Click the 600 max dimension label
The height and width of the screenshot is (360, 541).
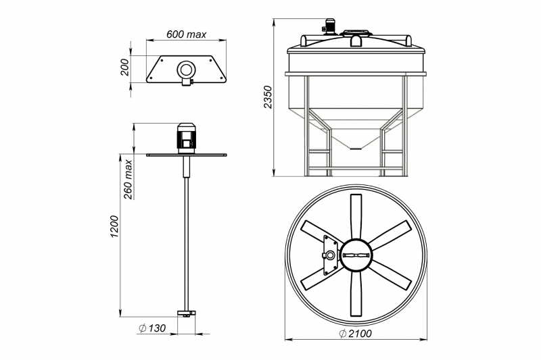[187, 34]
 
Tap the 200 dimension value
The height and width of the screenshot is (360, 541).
[125, 67]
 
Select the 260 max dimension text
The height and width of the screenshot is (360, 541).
[128, 179]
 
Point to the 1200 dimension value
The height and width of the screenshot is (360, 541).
[114, 226]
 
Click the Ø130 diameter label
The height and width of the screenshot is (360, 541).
[152, 328]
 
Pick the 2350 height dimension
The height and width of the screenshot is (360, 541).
[268, 97]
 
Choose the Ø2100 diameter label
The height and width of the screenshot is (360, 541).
[356, 334]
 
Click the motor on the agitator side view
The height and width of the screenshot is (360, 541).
[187, 138]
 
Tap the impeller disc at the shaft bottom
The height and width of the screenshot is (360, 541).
[186, 313]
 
